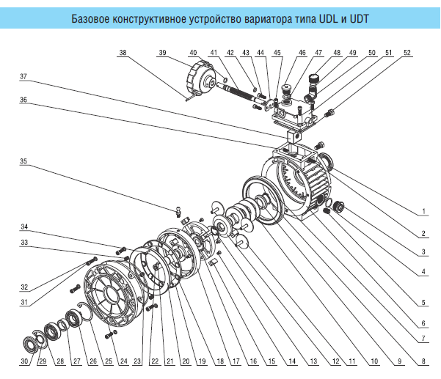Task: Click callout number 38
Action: tap(123, 54)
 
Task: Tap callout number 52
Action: tap(407, 54)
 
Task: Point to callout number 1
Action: tap(424, 213)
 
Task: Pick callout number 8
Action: tap(424, 361)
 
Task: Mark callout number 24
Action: tap(124, 361)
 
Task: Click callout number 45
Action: tap(277, 54)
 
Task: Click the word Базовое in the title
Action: tap(92, 19)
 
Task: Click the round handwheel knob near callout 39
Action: tap(200, 77)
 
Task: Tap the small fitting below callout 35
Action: tap(178, 211)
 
